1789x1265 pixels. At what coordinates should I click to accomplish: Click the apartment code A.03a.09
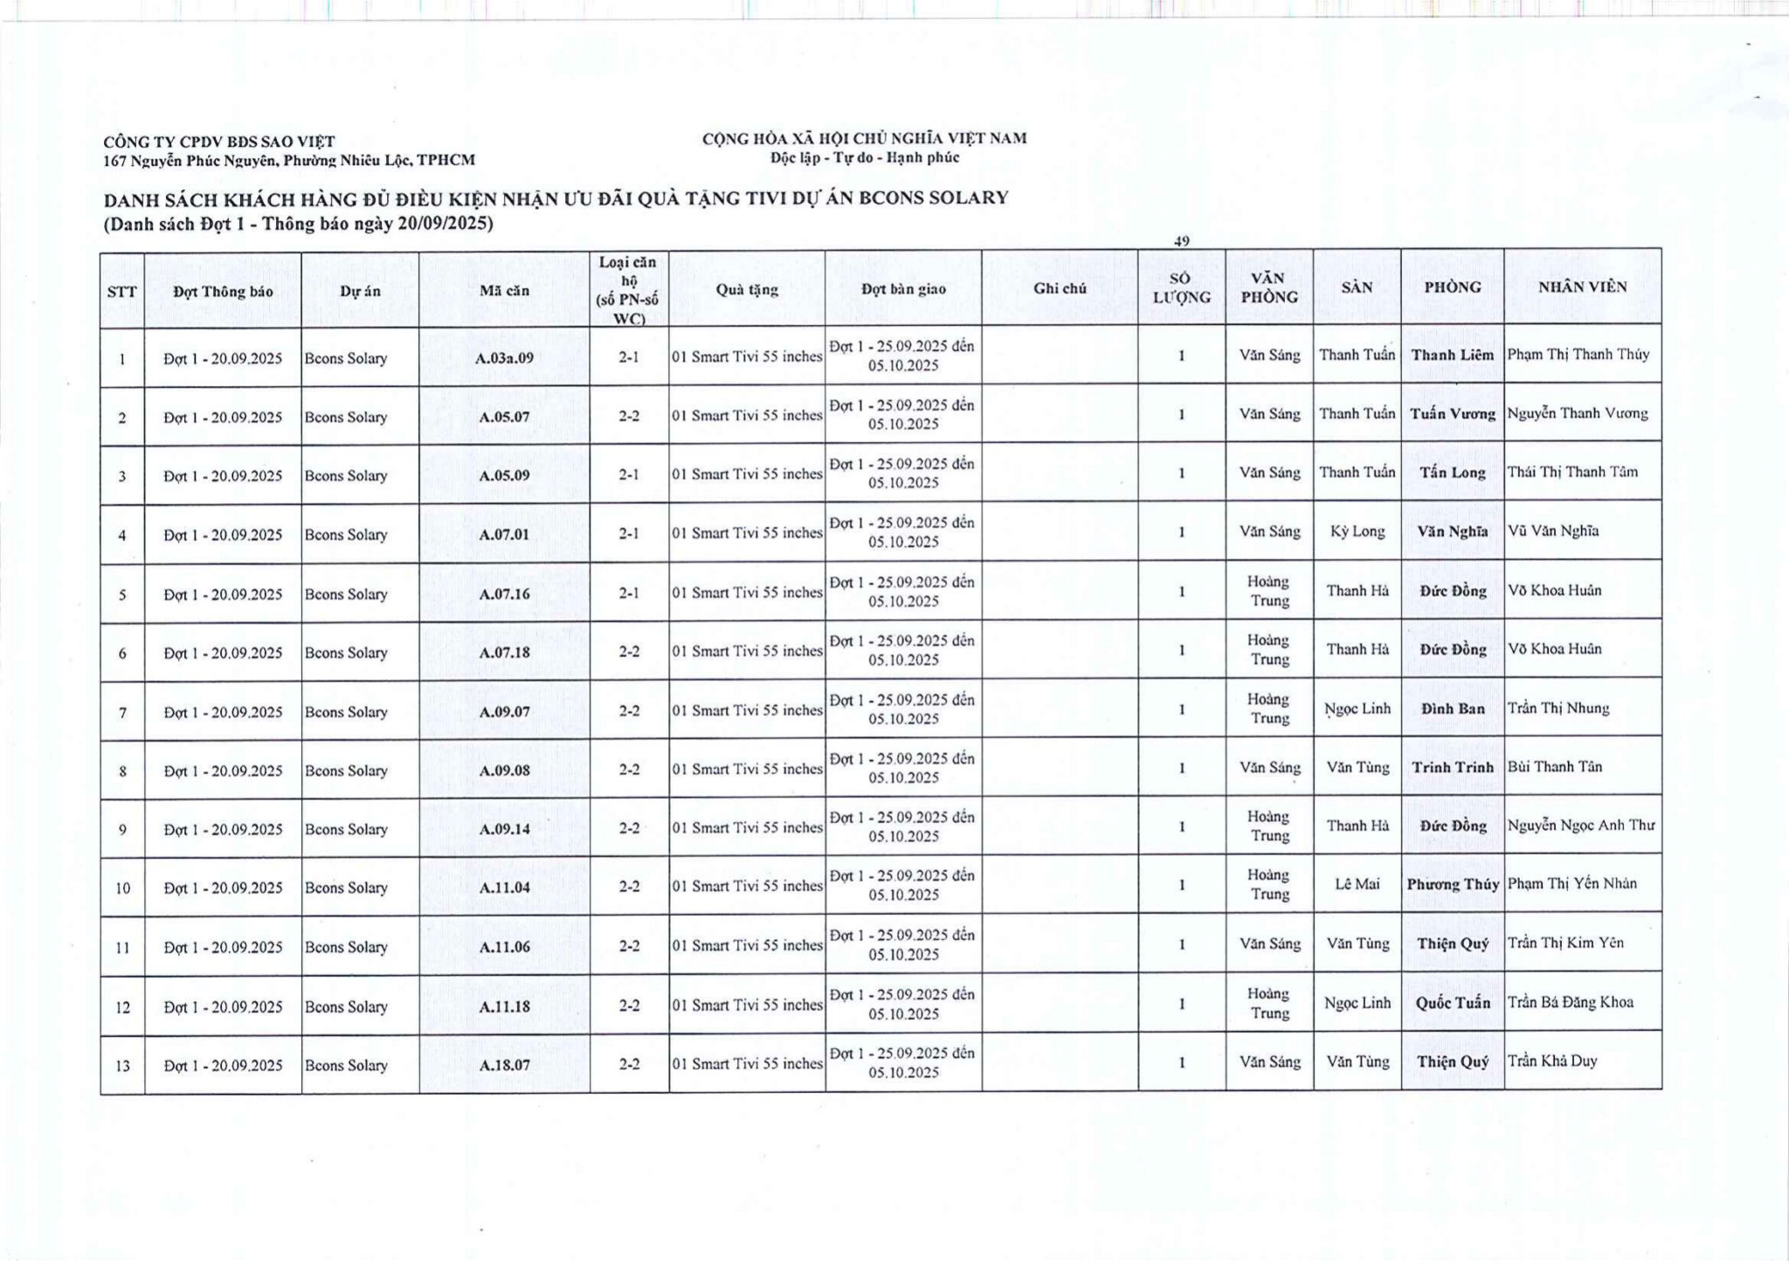coord(504,358)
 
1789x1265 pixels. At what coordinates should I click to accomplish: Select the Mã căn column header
coord(504,291)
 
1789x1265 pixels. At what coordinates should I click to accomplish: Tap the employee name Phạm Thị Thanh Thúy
coord(1578,355)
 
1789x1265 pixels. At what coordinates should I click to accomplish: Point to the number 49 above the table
coord(1181,240)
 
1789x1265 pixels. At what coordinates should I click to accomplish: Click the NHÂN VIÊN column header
coord(1582,287)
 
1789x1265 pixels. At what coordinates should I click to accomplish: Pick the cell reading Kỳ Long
coord(1357,531)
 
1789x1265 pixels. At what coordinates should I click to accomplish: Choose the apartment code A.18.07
coord(504,1065)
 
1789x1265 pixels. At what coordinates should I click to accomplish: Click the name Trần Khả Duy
coord(1551,1061)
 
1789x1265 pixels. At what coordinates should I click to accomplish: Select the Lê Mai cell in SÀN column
coord(1357,884)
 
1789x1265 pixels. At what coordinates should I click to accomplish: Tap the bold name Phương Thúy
coord(1452,884)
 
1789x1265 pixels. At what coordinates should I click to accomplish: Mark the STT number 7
coord(122,713)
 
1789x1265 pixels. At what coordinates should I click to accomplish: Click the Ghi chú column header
coord(1060,288)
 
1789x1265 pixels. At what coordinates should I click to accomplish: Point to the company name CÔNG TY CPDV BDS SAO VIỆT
coord(219,142)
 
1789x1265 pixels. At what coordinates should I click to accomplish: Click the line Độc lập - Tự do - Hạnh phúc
coord(864,158)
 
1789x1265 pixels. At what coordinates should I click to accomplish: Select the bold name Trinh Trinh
coord(1452,767)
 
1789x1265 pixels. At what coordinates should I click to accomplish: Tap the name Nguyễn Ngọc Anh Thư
coord(1580,826)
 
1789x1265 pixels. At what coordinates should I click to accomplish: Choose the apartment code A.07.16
coord(504,594)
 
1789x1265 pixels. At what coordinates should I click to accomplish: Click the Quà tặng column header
coord(746,289)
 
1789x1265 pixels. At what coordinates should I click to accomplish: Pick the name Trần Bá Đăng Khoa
coord(1570,1003)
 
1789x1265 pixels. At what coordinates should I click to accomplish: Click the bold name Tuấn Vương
coord(1452,413)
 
